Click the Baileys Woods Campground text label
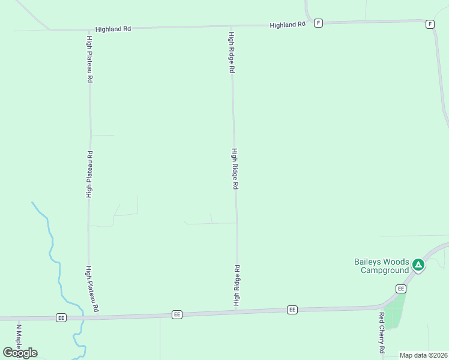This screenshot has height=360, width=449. (381, 266)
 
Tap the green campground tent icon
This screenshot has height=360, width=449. (418, 264)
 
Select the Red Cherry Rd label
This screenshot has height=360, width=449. (381, 332)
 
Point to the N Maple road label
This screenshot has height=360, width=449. (19, 339)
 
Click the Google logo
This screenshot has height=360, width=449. (20, 352)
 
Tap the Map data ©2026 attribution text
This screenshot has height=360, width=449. (423, 355)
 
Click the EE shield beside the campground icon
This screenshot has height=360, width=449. (401, 289)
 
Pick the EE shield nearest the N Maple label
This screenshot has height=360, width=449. (61, 317)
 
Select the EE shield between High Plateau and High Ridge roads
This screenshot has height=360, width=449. (176, 314)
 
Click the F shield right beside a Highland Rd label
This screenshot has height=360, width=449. (318, 23)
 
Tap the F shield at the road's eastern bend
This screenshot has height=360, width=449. (430, 24)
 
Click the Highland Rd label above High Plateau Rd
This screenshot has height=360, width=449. (113, 28)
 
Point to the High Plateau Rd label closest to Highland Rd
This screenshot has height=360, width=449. (89, 59)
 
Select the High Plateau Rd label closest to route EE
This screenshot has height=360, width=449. (91, 289)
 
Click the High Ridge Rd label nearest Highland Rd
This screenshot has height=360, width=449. (231, 53)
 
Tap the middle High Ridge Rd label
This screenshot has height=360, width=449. (235, 169)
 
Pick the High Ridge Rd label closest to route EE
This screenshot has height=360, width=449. (237, 286)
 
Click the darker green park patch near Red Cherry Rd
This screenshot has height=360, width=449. (393, 315)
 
